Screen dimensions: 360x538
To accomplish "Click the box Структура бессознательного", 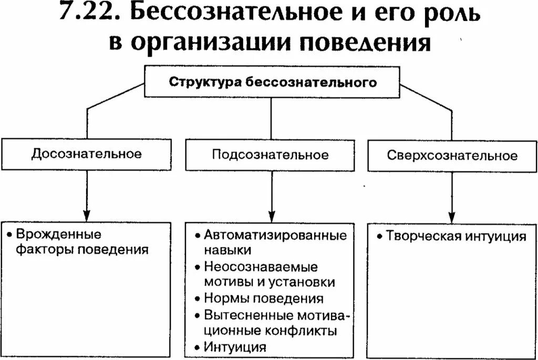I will (272, 82).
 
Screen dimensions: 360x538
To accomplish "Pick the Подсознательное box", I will (271, 155).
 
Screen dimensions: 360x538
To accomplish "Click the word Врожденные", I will (58, 234).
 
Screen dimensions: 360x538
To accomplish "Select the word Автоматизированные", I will (275, 235).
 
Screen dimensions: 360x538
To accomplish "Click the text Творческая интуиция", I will (456, 236).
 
